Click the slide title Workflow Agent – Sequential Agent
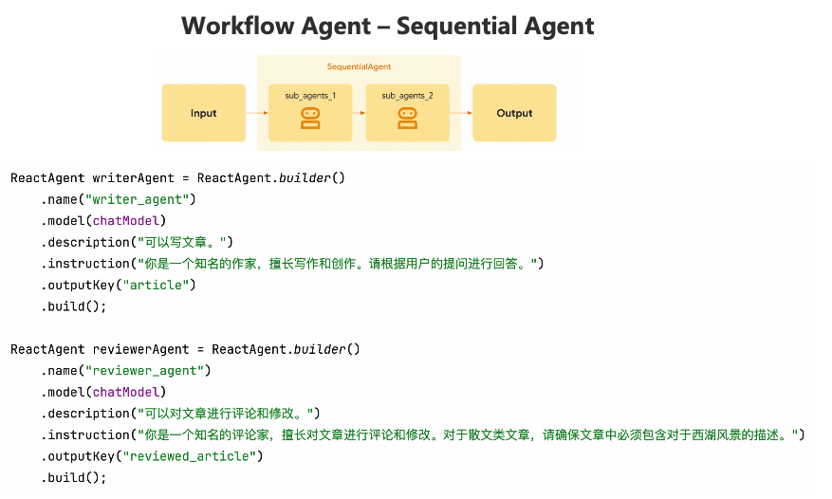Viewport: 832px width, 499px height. pyautogui.click(x=387, y=26)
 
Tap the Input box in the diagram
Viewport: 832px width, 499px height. pyautogui.click(x=203, y=113)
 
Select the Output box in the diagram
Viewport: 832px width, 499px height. pyautogui.click(x=514, y=113)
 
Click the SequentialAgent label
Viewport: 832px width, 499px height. pyautogui.click(x=359, y=67)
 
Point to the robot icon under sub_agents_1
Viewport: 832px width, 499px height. pyautogui.click(x=310, y=118)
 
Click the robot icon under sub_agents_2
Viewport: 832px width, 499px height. pyautogui.click(x=407, y=118)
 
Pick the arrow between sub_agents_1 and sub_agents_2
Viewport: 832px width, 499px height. pyautogui.click(x=359, y=113)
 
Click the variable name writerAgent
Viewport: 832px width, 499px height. pyautogui.click(x=133, y=177)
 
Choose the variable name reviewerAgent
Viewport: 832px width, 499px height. pyautogui.click(x=140, y=349)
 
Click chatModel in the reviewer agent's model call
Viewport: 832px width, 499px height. pyautogui.click(x=133, y=392)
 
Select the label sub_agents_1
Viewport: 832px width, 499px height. pyautogui.click(x=310, y=96)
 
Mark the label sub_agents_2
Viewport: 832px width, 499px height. pyautogui.click(x=407, y=96)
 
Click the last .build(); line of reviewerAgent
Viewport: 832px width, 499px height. pyautogui.click(x=73, y=477)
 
